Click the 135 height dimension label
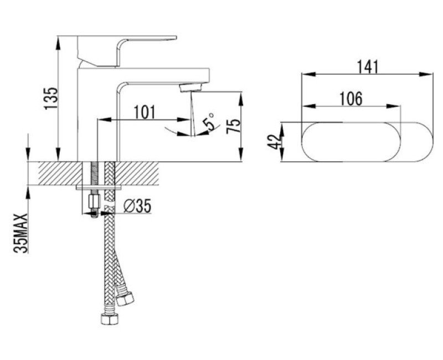coord(51,98)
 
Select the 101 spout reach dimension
coord(145,112)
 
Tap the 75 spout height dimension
coord(234,126)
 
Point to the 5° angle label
coord(210,122)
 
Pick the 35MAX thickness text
coord(21,233)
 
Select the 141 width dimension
coord(367,67)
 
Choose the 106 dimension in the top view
coord(351,99)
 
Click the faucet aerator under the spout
coord(192,87)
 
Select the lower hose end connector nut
coord(109,319)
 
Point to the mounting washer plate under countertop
coord(99,188)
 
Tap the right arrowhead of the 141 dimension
coord(426,74)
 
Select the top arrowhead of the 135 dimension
coord(58,43)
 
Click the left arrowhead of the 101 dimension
coord(104,120)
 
